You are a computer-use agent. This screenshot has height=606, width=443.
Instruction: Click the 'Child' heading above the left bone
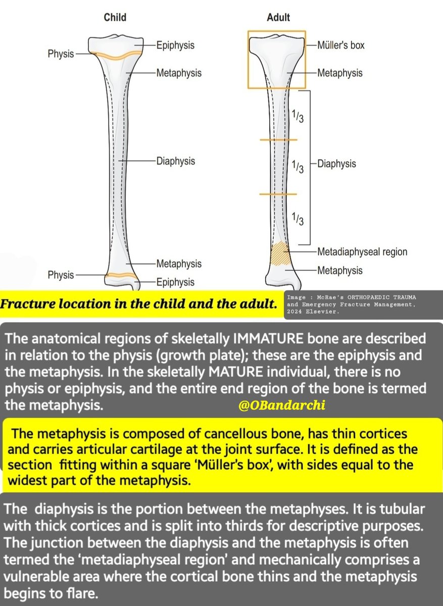[115, 18]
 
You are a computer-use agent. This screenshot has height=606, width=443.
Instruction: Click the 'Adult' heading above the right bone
[278, 18]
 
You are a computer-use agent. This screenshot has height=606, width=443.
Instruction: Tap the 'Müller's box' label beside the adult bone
[340, 45]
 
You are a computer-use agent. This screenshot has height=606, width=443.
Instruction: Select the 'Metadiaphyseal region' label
[362, 251]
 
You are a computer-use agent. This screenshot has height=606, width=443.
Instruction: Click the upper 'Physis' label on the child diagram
[61, 54]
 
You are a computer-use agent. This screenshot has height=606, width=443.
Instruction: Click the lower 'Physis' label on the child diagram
[61, 275]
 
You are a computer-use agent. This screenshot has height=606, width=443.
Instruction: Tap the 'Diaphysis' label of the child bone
[176, 162]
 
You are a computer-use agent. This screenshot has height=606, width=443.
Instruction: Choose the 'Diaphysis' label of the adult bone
[336, 164]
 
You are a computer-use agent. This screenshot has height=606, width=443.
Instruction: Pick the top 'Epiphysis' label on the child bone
[175, 45]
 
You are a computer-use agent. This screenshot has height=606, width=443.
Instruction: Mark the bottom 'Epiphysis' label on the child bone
[175, 282]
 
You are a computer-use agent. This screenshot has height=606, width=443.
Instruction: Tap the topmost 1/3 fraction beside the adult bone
[298, 116]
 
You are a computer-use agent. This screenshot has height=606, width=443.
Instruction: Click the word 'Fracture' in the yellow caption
[26, 305]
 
